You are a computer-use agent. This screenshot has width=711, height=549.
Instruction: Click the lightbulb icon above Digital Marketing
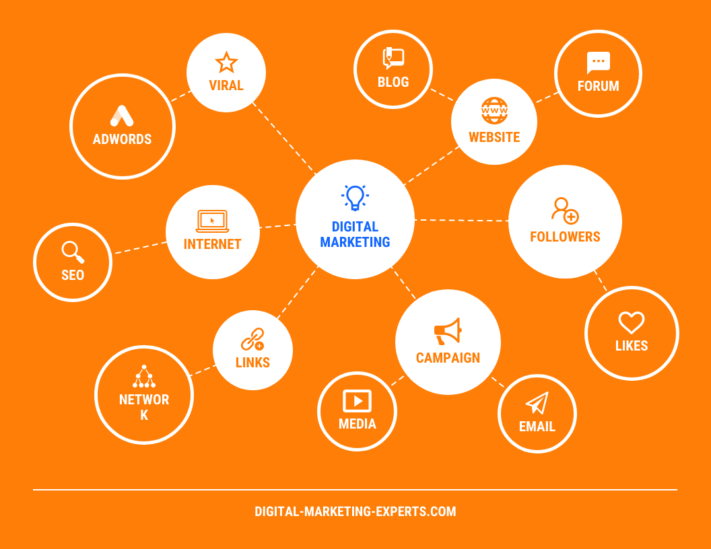pyautogui.click(x=355, y=198)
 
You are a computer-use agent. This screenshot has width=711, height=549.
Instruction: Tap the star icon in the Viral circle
pyautogui.click(x=226, y=62)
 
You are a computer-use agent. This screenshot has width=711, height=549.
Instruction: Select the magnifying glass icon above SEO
pyautogui.click(x=73, y=252)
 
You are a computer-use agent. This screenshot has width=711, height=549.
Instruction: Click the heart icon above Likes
pyautogui.click(x=631, y=322)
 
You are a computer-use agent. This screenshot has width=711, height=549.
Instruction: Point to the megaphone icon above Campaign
pyautogui.click(x=448, y=331)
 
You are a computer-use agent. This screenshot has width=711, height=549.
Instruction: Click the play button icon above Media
pyautogui.click(x=358, y=401)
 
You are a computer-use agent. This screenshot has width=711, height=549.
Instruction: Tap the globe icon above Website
pyautogui.click(x=494, y=110)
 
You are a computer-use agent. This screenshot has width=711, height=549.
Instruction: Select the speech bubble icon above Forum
pyautogui.click(x=598, y=63)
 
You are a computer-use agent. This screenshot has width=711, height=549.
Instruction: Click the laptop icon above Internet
pyautogui.click(x=212, y=221)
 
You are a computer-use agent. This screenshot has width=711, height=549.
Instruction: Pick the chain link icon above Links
pyautogui.click(x=252, y=339)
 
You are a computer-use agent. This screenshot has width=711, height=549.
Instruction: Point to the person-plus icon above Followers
pyautogui.click(x=565, y=211)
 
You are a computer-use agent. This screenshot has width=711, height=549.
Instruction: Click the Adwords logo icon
pyautogui.click(x=122, y=116)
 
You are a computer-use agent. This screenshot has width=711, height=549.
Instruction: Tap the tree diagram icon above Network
pyautogui.click(x=143, y=376)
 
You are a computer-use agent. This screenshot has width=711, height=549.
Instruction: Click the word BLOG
pyautogui.click(x=393, y=82)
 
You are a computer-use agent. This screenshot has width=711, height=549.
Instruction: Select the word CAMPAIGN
pyautogui.click(x=448, y=358)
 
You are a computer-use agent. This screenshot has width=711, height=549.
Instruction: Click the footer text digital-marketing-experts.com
pyautogui.click(x=355, y=511)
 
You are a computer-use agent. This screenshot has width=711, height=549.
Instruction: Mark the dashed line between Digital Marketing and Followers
pyautogui.click(x=461, y=221)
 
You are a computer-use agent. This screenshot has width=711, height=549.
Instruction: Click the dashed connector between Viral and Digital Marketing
pyautogui.click(x=284, y=138)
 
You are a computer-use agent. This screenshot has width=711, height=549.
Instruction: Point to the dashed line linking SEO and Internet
pyautogui.click(x=141, y=248)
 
